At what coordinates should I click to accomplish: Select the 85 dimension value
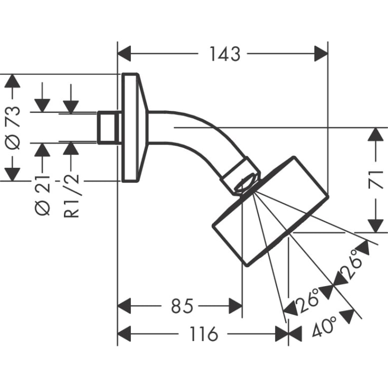point(182,305)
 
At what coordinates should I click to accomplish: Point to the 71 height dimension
point(375,180)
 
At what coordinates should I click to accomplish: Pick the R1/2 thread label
point(73,196)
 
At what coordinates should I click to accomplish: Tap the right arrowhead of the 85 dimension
point(235,305)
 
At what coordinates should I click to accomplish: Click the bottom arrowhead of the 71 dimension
point(375,225)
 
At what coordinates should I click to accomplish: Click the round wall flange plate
point(130,127)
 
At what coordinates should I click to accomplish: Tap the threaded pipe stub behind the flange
point(109,127)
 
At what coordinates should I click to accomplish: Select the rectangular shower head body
point(269,211)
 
